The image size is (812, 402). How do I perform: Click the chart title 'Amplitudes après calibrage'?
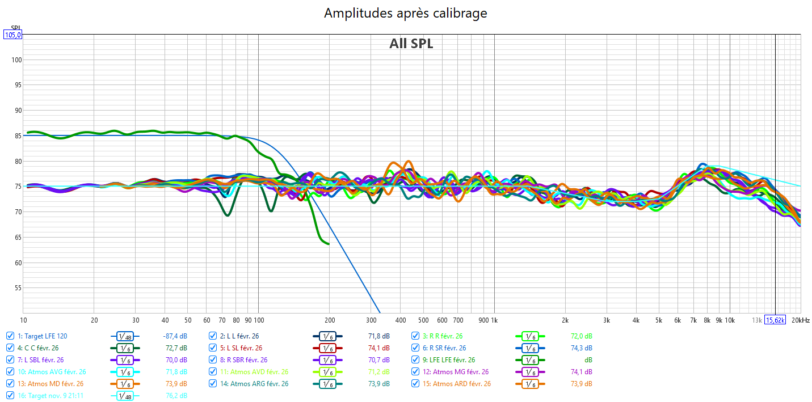[405, 13]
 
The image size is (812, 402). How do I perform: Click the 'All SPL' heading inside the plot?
[411, 44]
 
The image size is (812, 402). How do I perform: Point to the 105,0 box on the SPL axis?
[13, 35]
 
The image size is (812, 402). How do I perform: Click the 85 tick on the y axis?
[17, 136]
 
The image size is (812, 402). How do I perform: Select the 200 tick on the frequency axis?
[329, 320]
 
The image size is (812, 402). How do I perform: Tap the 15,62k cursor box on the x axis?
[776, 320]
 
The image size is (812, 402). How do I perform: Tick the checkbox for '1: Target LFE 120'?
[10, 336]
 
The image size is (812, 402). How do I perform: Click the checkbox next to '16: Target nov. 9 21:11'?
[10, 396]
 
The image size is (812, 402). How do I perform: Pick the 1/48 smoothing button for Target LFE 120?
[125, 336]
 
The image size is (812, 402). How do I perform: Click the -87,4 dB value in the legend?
[175, 336]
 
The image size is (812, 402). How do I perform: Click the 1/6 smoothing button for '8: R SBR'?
[327, 360]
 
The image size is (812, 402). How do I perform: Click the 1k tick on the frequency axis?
[494, 320]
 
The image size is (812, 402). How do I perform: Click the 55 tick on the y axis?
[17, 288]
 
